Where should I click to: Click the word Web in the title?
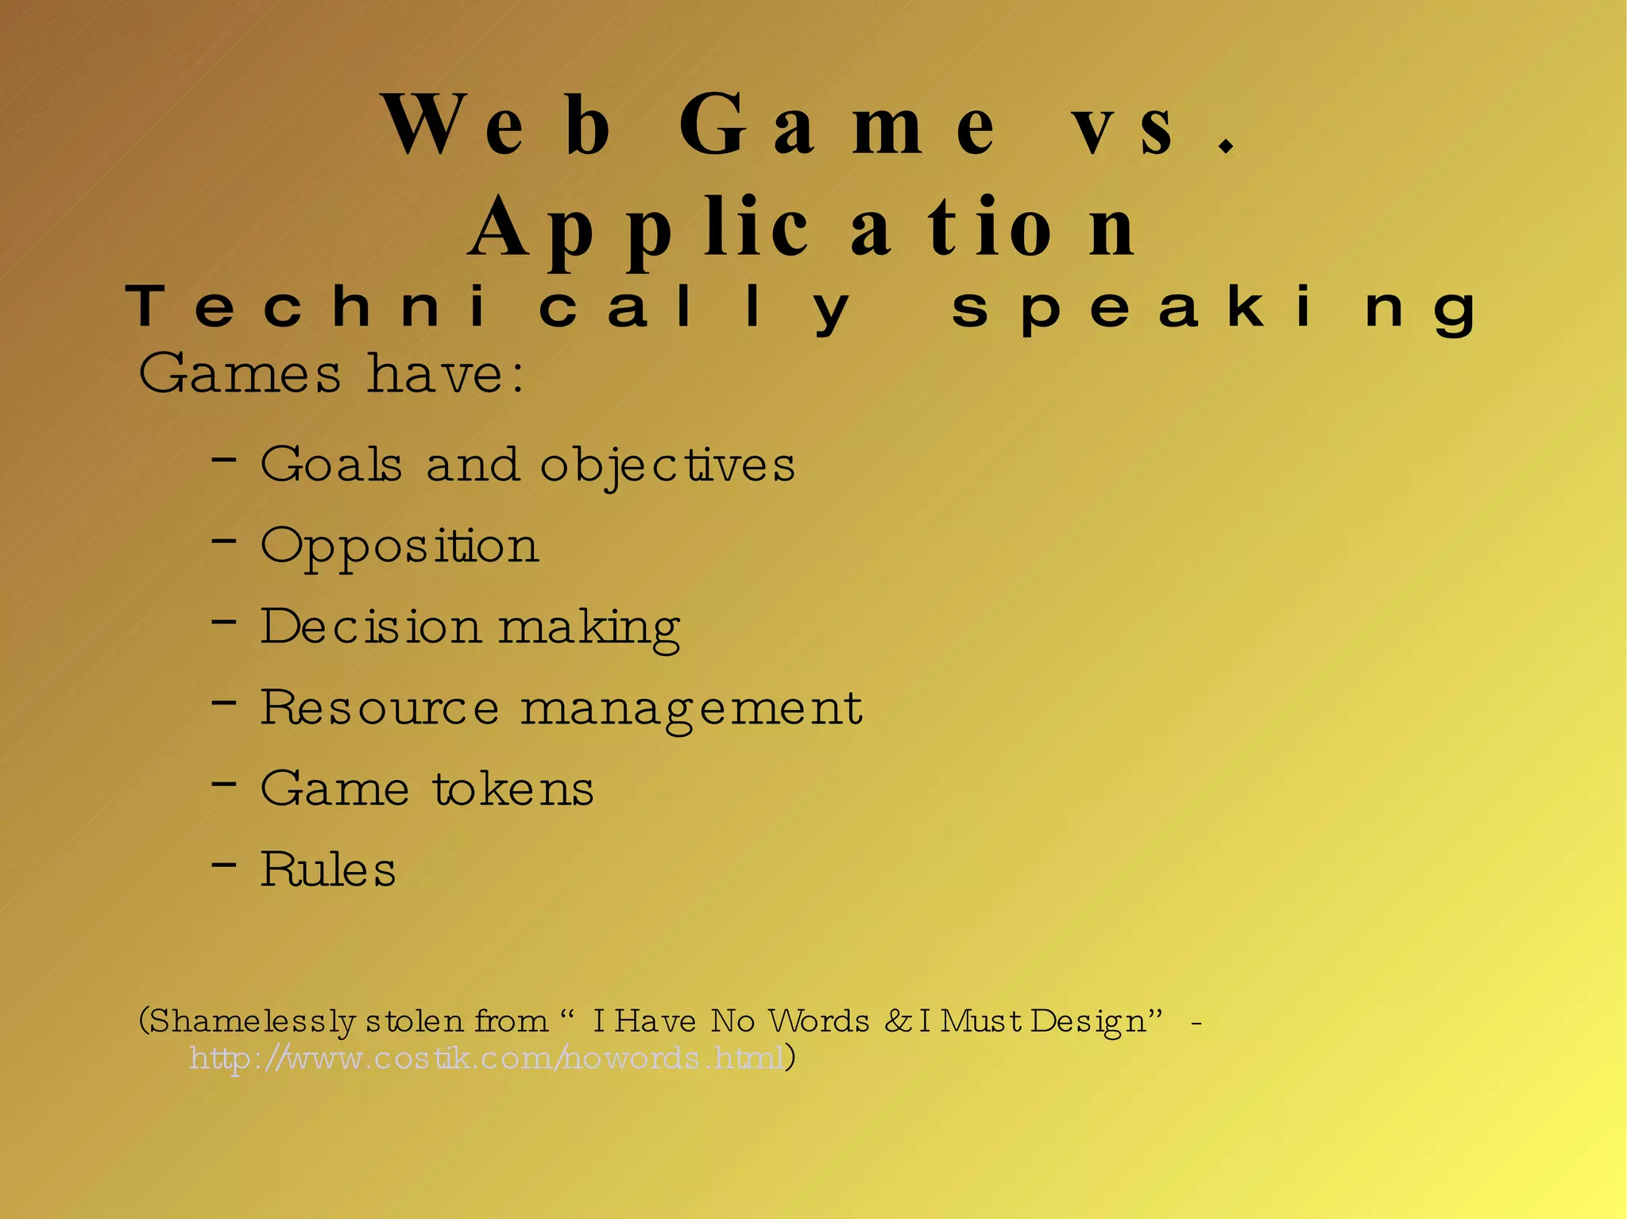pos(497,125)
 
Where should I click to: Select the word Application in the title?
pos(802,229)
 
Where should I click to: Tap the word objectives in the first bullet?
pos(667,465)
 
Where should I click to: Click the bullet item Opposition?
pos(400,546)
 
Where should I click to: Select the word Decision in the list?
pos(370,627)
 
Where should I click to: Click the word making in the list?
pos(589,628)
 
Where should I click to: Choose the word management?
pos(691,708)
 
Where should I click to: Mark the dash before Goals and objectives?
pos(224,459)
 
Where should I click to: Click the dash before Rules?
pos(224,863)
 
